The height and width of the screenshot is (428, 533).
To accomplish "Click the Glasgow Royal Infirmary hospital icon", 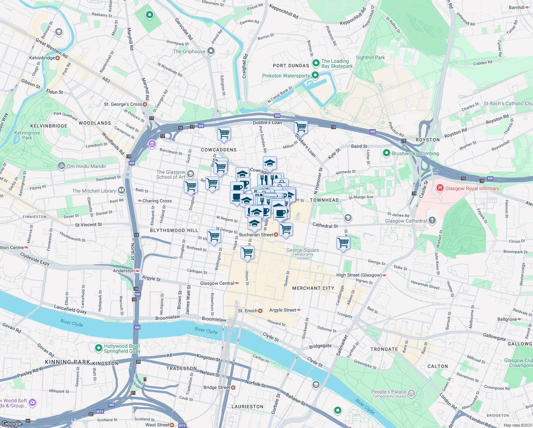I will pyautogui.click(x=440, y=188).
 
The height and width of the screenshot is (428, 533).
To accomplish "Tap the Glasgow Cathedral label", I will pyautogui.click(x=405, y=221).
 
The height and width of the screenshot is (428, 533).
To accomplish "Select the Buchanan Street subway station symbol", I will pyautogui.click(x=276, y=235).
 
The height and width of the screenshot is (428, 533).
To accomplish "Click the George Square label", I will pyautogui.click(x=302, y=250).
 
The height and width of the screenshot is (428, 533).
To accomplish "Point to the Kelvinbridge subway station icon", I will pyautogui.click(x=57, y=58).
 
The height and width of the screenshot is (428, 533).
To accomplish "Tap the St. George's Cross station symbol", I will pyautogui.click(x=145, y=104).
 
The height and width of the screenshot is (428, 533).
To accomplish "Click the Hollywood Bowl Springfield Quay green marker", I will pyautogui.click(x=99, y=347).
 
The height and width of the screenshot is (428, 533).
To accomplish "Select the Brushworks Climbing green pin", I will pyautogui.click(x=387, y=153).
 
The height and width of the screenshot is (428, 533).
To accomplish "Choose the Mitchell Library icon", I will pyautogui.click(x=121, y=190).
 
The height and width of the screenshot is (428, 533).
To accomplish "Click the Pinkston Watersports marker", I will pyautogui.click(x=315, y=75).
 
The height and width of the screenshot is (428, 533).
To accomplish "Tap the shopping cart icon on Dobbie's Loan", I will pyautogui.click(x=301, y=127).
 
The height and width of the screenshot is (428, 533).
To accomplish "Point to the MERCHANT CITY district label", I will pyautogui.click(x=313, y=288).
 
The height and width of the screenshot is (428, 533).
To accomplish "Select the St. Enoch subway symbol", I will pyautogui.click(x=260, y=311).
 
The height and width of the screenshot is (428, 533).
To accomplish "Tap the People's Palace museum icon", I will pyautogui.click(x=412, y=393).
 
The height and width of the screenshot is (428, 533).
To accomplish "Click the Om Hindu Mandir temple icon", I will pyautogui.click(x=62, y=166).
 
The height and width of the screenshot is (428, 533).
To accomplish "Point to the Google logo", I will pyautogui.click(x=12, y=423).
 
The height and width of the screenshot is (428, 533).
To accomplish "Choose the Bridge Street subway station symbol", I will pyautogui.click(x=233, y=387).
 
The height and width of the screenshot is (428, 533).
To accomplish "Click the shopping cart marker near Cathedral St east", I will pyautogui.click(x=343, y=243).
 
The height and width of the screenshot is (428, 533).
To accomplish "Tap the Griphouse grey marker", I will pyautogui.click(x=211, y=51).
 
